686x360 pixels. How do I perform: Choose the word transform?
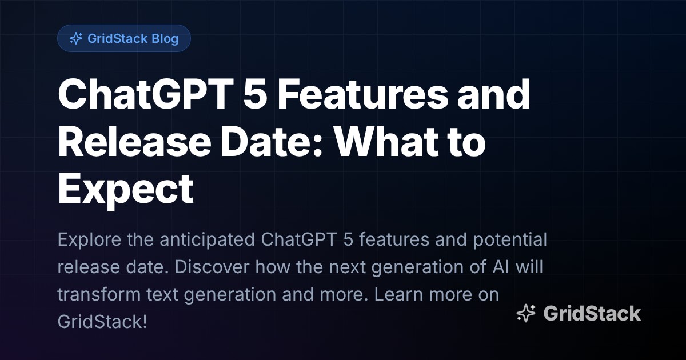94,295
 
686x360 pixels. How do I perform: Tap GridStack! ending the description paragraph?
102,322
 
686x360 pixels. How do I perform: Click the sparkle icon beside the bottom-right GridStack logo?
525,313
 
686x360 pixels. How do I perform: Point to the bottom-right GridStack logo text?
592,313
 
